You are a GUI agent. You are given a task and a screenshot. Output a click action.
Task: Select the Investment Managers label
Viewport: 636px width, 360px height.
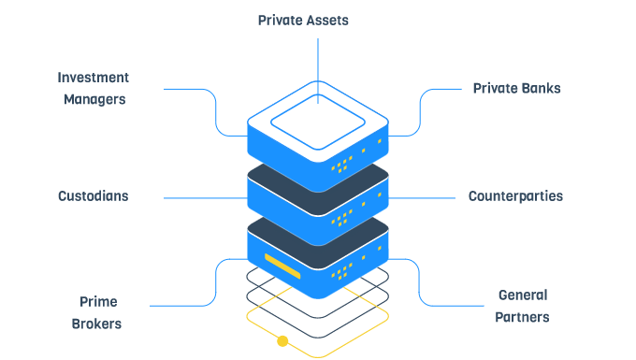pyautogui.click(x=94, y=88)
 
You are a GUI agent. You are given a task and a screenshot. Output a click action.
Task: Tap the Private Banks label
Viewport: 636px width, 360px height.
pyautogui.click(x=516, y=89)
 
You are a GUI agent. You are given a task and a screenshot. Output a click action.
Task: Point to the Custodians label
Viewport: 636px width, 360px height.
pyautogui.click(x=93, y=196)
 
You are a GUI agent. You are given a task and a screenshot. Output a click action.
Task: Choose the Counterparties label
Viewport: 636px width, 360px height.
pyautogui.click(x=515, y=196)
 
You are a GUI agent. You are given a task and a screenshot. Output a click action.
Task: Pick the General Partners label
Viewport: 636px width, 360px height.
pyautogui.click(x=523, y=306)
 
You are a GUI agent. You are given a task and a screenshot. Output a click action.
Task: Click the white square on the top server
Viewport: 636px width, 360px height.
pyautogui.click(x=317, y=120)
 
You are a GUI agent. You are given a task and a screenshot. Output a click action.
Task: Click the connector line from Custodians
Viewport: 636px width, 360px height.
pyautogui.click(x=206, y=197)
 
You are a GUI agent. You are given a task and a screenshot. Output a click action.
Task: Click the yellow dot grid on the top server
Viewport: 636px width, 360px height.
pyautogui.click(x=342, y=165)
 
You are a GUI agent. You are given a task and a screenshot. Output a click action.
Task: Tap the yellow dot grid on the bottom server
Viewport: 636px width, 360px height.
pyautogui.click(x=342, y=272)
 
